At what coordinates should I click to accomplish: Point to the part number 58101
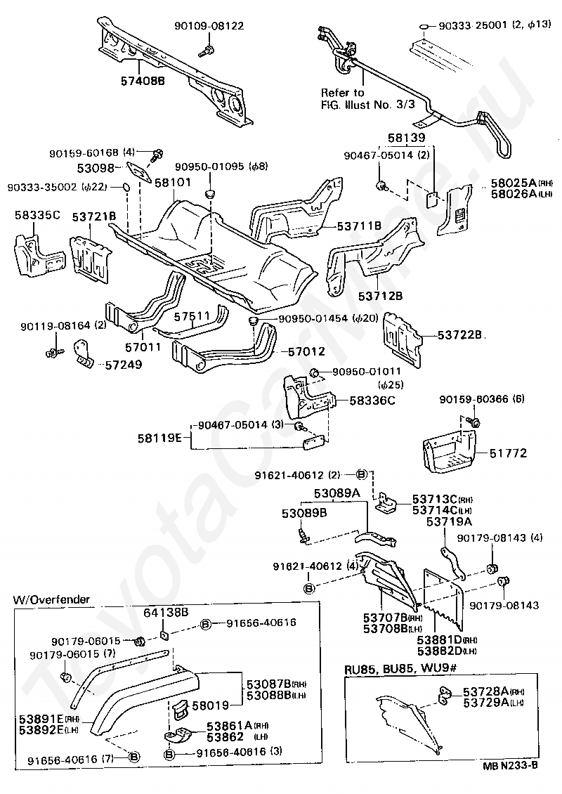(x=173, y=182)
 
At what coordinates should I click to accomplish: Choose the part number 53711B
(x=358, y=226)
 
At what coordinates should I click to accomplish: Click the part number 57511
(x=188, y=318)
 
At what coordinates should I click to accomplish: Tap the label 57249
(x=123, y=365)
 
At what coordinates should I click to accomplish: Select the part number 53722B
(x=460, y=336)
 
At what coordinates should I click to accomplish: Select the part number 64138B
(x=166, y=612)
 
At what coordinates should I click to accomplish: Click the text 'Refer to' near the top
(x=342, y=93)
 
